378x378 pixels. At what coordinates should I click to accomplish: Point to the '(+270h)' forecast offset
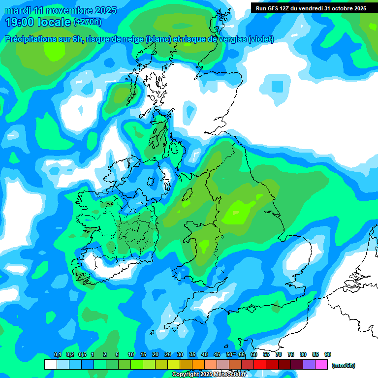coord(87,22)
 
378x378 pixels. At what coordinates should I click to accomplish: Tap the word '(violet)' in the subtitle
coord(261,39)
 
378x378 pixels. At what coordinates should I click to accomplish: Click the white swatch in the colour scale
coord(50,364)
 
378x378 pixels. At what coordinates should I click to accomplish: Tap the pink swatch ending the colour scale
coord(321,364)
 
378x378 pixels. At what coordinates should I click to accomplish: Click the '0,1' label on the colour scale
coord(57,355)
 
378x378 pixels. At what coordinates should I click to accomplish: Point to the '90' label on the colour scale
coord(327,355)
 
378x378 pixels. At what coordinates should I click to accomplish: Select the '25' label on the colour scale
coord(168,355)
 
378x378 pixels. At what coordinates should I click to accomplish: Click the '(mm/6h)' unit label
coord(343,365)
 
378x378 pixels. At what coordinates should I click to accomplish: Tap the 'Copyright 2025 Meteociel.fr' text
coord(209,374)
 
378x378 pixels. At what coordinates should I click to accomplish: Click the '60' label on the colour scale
coord(254,355)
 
